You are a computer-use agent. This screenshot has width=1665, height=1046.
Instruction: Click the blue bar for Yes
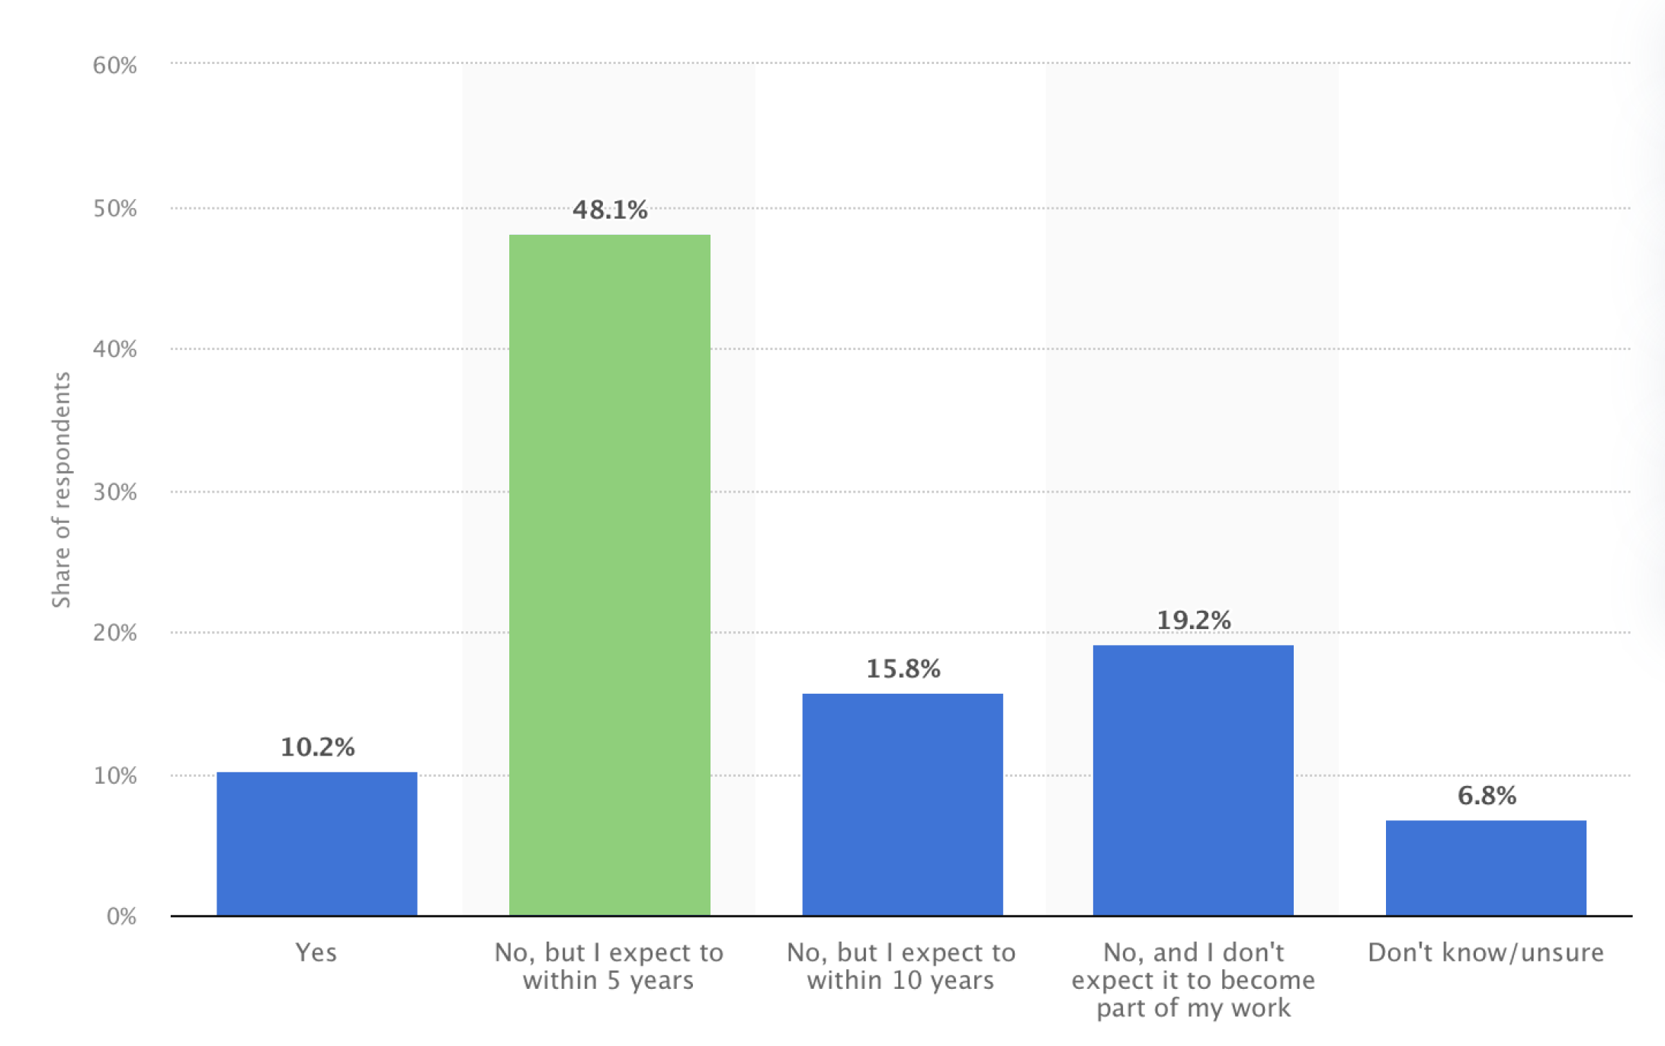pos(316,843)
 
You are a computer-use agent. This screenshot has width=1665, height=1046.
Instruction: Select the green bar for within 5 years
pos(609,575)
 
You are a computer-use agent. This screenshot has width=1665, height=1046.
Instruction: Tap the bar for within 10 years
pos(902,804)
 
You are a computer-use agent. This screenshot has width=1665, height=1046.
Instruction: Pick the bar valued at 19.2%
pos(1193,780)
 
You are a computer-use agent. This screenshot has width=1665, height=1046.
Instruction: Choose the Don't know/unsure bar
pos(1486,868)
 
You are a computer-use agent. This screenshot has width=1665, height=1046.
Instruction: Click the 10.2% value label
pos(317,747)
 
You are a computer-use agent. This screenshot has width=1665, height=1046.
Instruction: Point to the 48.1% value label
pos(610,210)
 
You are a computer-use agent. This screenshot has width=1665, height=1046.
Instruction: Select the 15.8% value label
pos(903,669)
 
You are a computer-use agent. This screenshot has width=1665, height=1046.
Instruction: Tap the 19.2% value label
pos(1194,621)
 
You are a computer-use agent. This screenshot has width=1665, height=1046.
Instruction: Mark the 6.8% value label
pos(1487,796)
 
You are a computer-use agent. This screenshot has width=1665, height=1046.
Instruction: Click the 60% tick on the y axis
pos(115,66)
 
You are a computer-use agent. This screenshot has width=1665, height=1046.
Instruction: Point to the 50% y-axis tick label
pos(115,209)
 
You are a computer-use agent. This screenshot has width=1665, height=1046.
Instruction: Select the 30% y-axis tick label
pos(115,493)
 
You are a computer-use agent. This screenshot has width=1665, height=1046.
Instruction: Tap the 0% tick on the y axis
pos(122,916)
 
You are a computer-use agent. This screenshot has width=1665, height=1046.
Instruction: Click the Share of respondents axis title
pos(61,489)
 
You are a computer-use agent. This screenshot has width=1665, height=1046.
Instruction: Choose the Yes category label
pos(316,953)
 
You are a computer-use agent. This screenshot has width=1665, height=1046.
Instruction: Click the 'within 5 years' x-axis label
pos(608,967)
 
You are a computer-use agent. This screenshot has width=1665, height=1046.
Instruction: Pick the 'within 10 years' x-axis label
pos(901,967)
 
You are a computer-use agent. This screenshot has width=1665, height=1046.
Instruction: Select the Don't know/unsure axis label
pos(1486,953)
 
